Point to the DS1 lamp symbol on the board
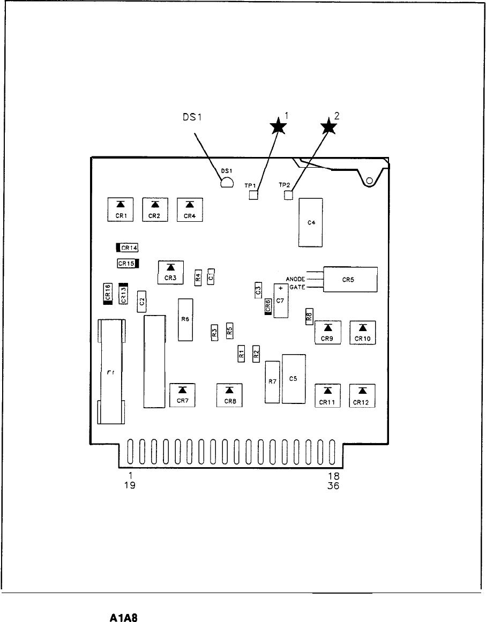point(226,183)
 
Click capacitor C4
point(311,222)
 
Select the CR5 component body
point(350,279)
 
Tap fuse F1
point(111,371)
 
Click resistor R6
point(185,319)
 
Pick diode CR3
point(171,272)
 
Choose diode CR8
point(229,395)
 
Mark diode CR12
point(363,396)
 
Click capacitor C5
point(294,379)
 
